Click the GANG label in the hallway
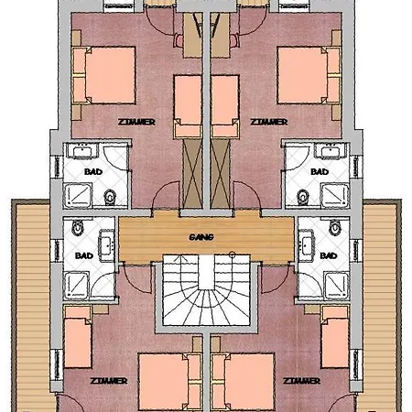pyautogui.click(x=201, y=237)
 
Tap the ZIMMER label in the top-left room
pyautogui.click(x=136, y=122)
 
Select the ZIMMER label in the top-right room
pyautogui.click(x=269, y=122)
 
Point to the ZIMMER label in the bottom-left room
pyautogui.click(x=109, y=381)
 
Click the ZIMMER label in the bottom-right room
pyautogui.click(x=301, y=381)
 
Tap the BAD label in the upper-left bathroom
pyautogui.click(x=93, y=172)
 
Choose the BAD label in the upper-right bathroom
pyautogui.click(x=320, y=172)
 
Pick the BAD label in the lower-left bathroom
pyautogui.click(x=84, y=255)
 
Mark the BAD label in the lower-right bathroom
pyautogui.click(x=329, y=255)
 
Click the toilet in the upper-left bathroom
pyautogui.click(x=110, y=197)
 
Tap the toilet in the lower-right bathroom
pyautogui.click(x=335, y=227)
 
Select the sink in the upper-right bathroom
pyautogui.click(x=331, y=150)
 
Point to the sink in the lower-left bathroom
pyautogui.click(x=106, y=245)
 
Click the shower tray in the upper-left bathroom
pyautogui.click(x=78, y=194)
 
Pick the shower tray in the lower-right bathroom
pyautogui.click(x=336, y=285)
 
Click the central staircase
pyautogui.click(x=207, y=290)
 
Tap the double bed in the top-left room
pyautogui.click(x=103, y=75)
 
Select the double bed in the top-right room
pyautogui.click(x=309, y=75)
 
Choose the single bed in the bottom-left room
pyautogui.click(x=78, y=337)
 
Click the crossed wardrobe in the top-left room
pyautogui.click(x=192, y=173)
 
